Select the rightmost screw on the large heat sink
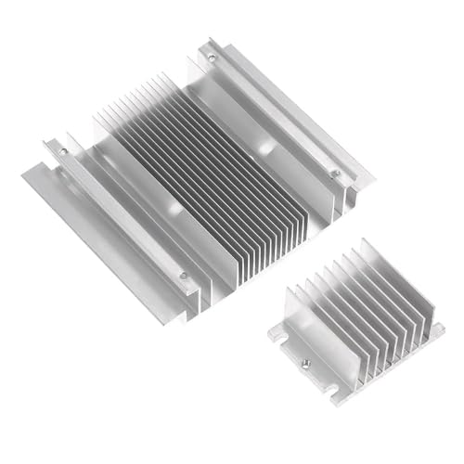pos(336,173)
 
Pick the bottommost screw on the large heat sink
pos(184,275)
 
